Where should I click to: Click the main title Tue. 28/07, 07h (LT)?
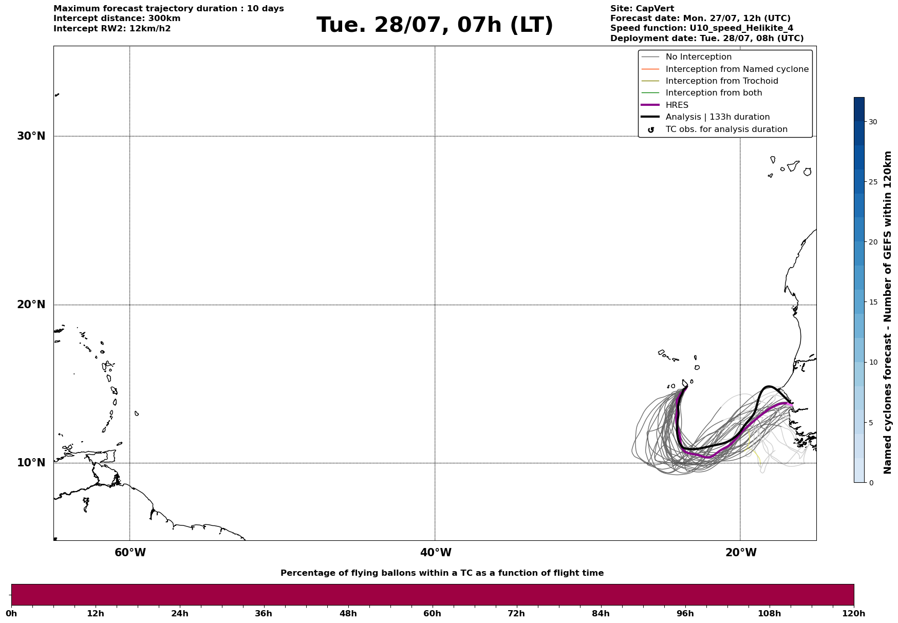click(x=435, y=25)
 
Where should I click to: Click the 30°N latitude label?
click(x=31, y=136)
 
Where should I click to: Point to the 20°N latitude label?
click(x=31, y=305)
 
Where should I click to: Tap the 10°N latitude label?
click(x=31, y=463)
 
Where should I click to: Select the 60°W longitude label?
click(x=130, y=553)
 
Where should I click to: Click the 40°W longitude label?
click(x=436, y=553)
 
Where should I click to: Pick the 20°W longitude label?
click(x=741, y=553)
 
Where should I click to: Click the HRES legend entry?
click(x=665, y=105)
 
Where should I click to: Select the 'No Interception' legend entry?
click(x=686, y=57)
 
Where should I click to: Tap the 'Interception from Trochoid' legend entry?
click(x=709, y=81)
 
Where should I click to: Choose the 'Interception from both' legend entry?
click(x=702, y=93)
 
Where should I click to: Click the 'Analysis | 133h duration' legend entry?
click(x=705, y=117)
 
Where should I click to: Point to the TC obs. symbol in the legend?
click(x=651, y=130)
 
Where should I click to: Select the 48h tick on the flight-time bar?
click(x=348, y=613)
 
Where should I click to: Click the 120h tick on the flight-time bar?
click(x=854, y=613)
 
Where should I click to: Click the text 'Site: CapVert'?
click(x=642, y=9)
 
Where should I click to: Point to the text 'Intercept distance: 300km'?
click(x=117, y=18)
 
